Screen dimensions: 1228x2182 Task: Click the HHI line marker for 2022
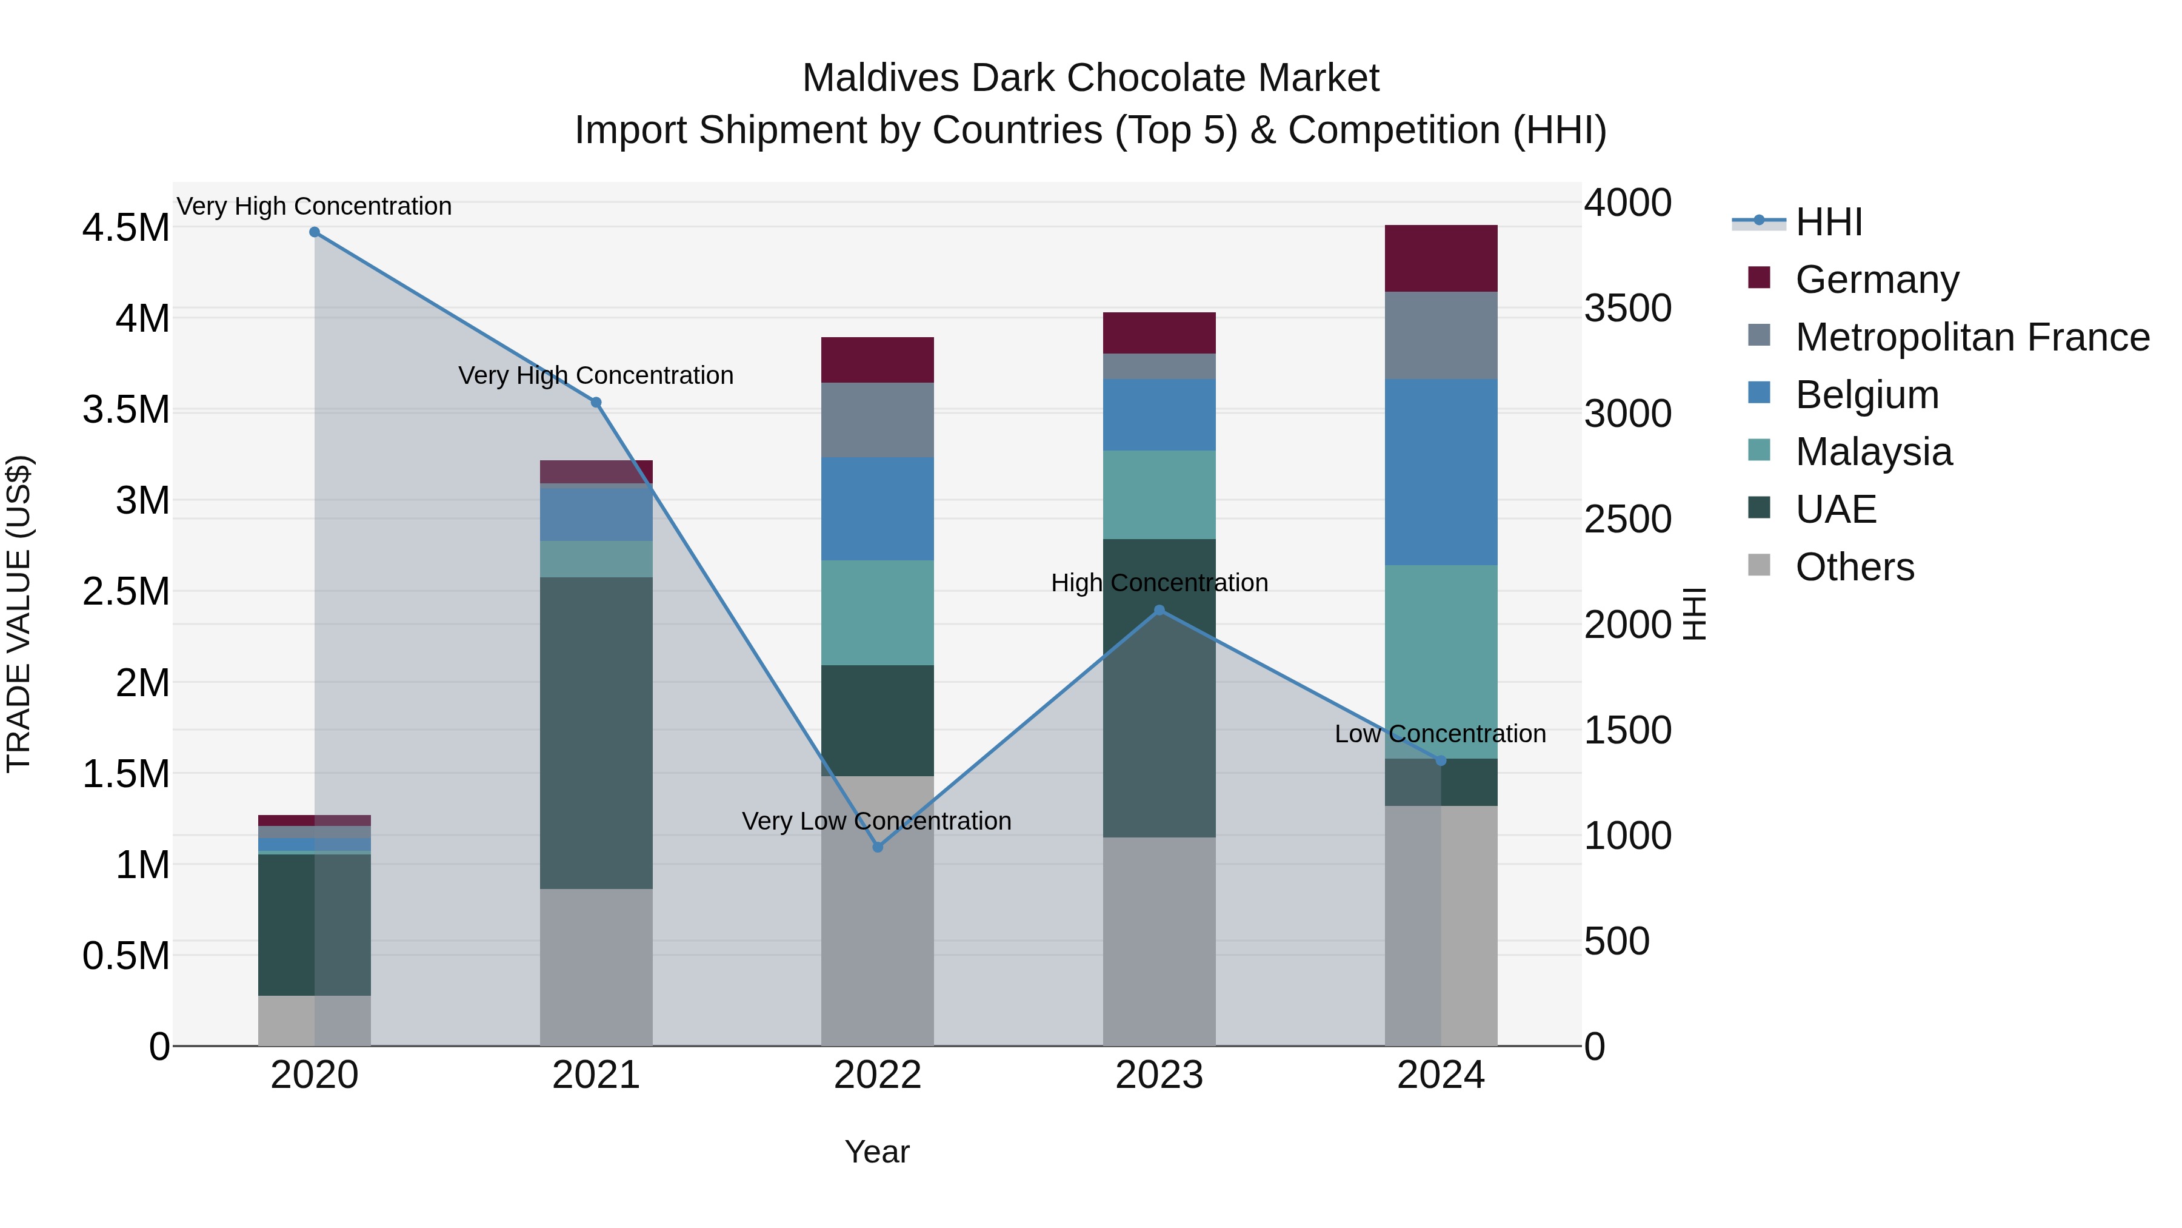point(878,847)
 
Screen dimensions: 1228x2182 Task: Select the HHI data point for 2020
point(314,232)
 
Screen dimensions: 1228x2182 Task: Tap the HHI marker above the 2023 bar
point(1159,610)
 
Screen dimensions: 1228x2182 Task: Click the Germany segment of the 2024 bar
point(1440,258)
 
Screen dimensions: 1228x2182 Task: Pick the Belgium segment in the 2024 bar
point(1440,471)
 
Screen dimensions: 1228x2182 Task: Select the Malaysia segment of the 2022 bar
point(878,612)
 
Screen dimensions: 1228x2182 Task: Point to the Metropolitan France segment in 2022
point(878,420)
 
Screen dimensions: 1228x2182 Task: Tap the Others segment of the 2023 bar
point(1159,941)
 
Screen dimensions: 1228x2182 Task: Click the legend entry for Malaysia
point(1873,452)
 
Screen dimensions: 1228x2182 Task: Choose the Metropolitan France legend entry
point(1971,337)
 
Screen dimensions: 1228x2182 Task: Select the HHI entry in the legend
point(1828,222)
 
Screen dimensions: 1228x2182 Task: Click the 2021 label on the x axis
point(596,1075)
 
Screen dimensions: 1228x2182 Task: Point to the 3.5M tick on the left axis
point(125,410)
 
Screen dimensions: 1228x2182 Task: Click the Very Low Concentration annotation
point(876,821)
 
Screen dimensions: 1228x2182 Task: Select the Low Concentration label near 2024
point(1440,734)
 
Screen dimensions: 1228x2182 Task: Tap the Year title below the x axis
point(876,1152)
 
